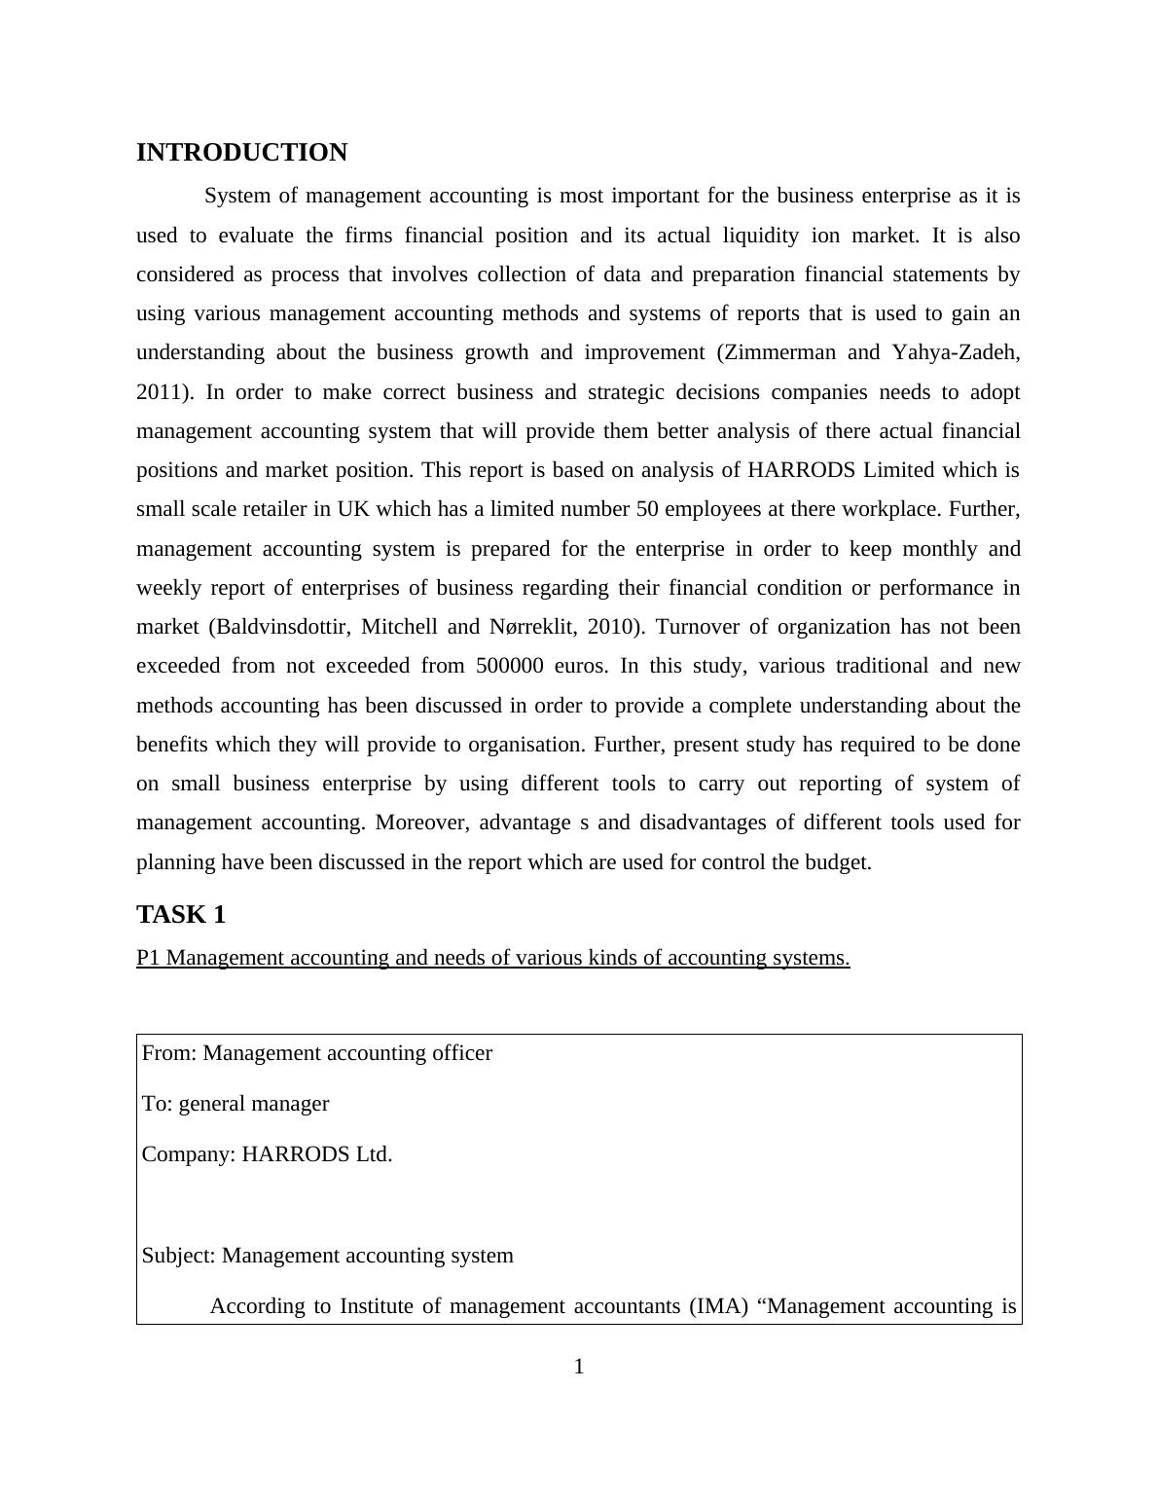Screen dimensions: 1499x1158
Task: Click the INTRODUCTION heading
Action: [x=241, y=153]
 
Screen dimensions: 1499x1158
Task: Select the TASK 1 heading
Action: [x=181, y=915]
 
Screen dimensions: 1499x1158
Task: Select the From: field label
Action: [x=169, y=1053]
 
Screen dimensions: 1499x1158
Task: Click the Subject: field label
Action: [x=179, y=1256]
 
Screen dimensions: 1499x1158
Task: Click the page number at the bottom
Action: [x=579, y=1368]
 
